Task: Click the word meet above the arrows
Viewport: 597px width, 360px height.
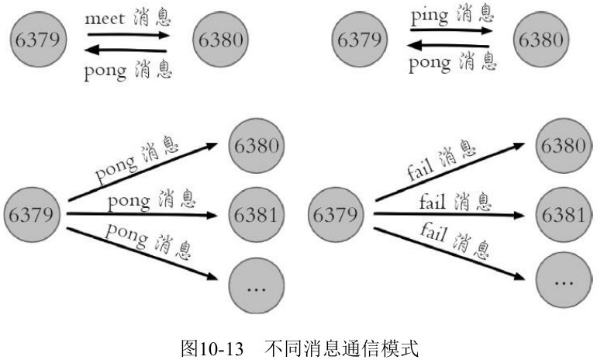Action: pos(105,19)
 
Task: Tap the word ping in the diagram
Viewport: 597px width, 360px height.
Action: pos(430,17)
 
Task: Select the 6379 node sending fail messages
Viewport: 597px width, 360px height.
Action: pos(336,214)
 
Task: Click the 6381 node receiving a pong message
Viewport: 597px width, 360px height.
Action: pos(256,214)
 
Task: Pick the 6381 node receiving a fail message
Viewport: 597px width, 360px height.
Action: pos(564,214)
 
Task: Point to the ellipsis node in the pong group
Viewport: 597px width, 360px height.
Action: pos(256,286)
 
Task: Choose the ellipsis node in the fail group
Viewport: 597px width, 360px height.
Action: pos(564,280)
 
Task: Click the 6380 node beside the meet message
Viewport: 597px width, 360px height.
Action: pos(221,40)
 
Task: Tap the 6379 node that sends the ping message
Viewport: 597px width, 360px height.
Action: pos(360,40)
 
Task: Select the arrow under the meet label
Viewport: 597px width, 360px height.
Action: pos(128,35)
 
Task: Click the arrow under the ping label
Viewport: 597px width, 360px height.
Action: pos(451,30)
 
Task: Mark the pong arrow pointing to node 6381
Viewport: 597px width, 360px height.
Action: pos(142,214)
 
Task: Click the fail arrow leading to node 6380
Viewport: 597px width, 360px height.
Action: pos(450,171)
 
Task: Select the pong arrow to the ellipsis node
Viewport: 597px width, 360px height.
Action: pos(142,254)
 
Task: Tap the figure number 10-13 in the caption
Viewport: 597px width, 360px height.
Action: pos(222,348)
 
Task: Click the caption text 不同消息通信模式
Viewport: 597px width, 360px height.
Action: pos(341,348)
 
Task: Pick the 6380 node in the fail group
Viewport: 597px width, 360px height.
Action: pos(564,146)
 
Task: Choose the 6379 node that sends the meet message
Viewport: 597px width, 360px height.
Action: pos(38,40)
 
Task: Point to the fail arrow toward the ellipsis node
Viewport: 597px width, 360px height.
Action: pos(449,254)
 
